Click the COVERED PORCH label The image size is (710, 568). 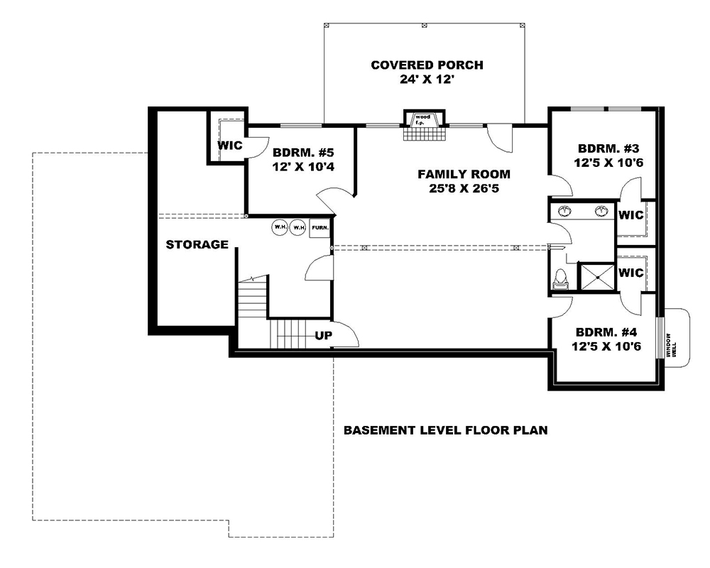pos(427,65)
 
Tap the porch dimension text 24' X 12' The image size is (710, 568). pos(427,80)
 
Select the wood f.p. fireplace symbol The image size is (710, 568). pos(425,119)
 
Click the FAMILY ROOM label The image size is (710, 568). pos(463,174)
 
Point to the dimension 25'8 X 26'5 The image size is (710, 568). pos(463,188)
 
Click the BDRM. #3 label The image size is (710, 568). pos(609,149)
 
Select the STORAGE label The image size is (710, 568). pos(197,245)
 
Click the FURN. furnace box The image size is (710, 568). pos(320,228)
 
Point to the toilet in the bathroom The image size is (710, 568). pos(560,279)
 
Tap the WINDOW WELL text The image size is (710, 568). pos(668,346)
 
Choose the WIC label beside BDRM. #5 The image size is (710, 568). pos(229,146)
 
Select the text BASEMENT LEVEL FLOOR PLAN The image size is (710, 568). pos(445,430)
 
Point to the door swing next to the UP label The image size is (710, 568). pos(345,334)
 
